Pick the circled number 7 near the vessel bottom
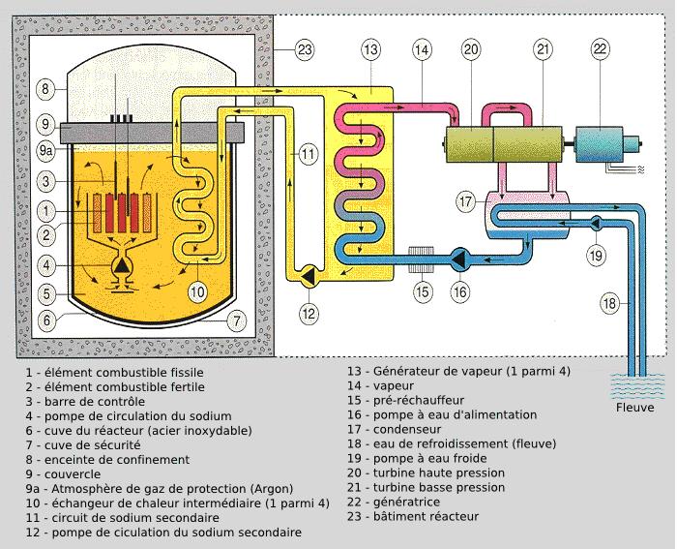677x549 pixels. coord(234,320)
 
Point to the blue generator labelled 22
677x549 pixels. coord(607,143)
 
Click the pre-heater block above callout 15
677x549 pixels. coord(421,259)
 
